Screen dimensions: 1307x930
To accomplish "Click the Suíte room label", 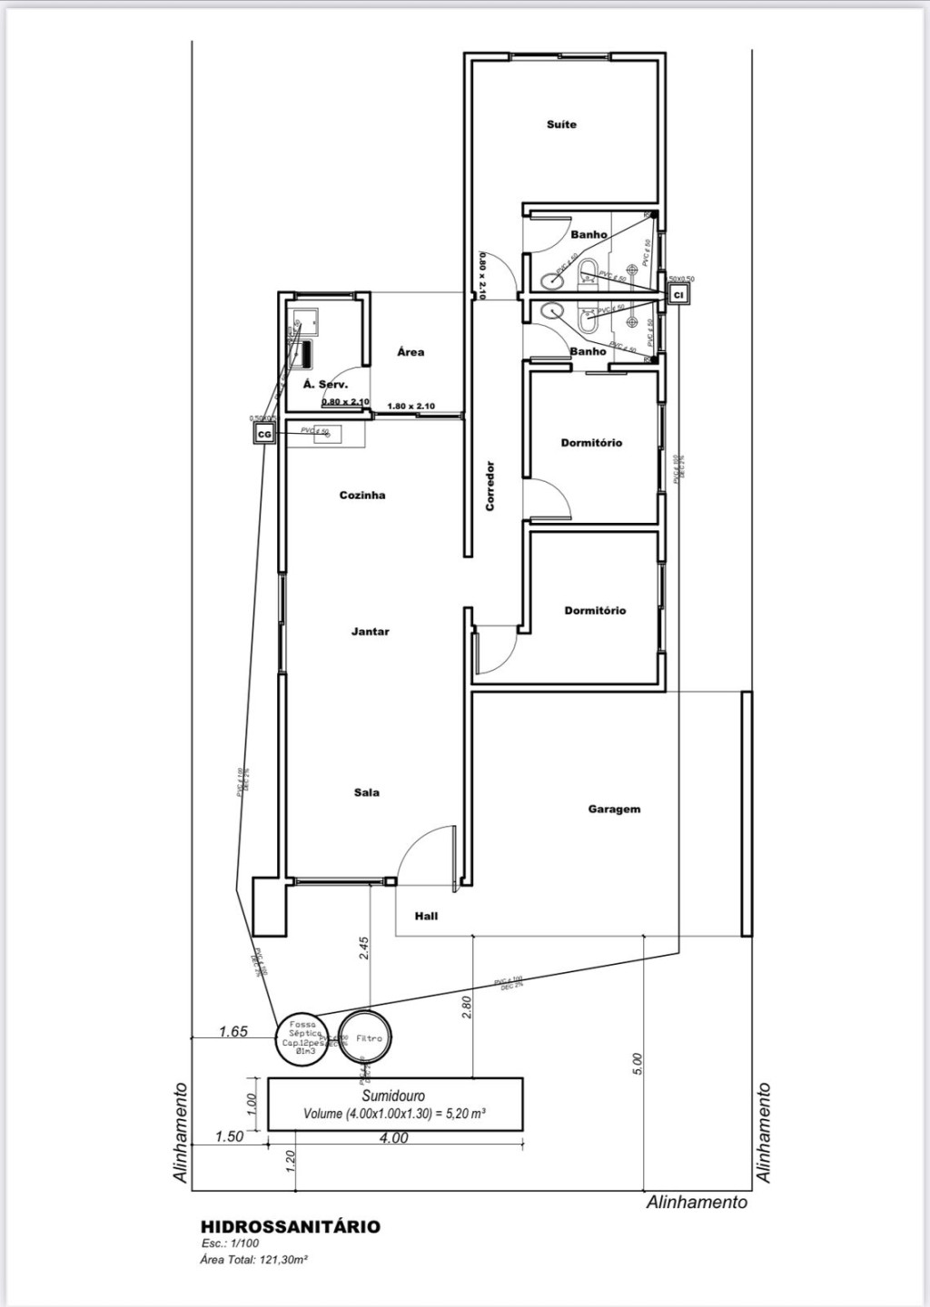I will click(x=561, y=124).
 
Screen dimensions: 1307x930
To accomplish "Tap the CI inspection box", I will click(x=678, y=294).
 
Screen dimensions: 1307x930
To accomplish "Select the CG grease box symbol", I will click(x=264, y=435).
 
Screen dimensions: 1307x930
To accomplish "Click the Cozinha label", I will click(x=362, y=495).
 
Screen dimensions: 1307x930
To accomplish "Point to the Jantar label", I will click(x=371, y=631).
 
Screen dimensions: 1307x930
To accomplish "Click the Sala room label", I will click(x=367, y=792).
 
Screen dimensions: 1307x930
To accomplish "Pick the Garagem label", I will click(x=614, y=809).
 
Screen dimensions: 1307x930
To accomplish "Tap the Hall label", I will click(x=426, y=916).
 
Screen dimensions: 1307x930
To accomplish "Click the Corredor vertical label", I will click(x=490, y=486).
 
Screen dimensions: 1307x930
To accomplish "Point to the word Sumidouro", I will click(x=393, y=1096).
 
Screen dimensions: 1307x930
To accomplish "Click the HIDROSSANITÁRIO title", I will click(x=291, y=1226).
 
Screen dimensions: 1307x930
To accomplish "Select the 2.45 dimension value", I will click(x=364, y=948).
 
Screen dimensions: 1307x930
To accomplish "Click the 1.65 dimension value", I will click(x=233, y=1031).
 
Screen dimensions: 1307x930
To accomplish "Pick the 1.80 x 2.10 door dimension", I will click(x=411, y=406).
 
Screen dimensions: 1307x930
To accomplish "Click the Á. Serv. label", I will click(x=325, y=385).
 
